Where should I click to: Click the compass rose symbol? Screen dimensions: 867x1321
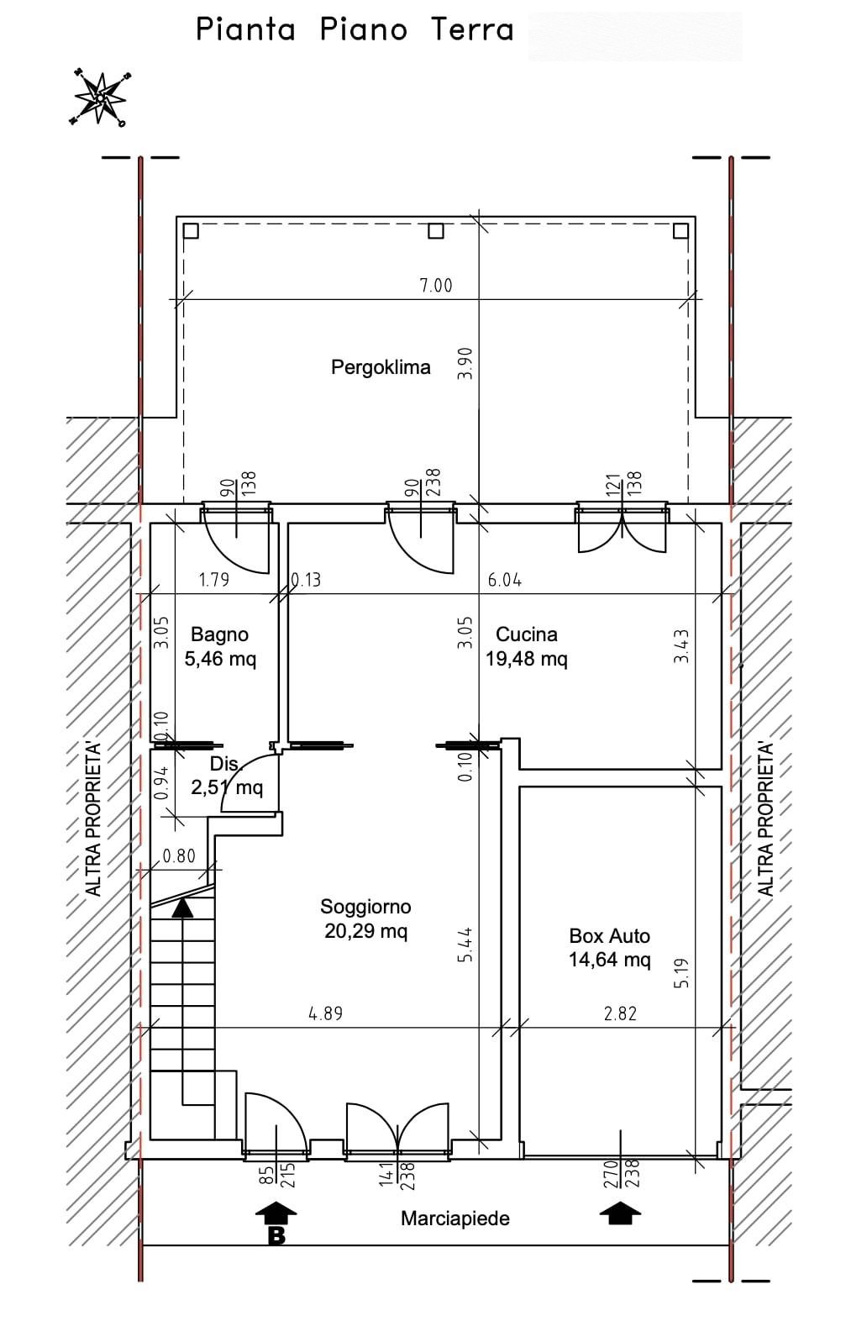[99, 98]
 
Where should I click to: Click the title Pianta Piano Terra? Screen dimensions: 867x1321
[355, 29]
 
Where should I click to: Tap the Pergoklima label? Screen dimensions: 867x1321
[381, 367]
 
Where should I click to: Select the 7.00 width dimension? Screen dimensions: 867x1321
[436, 286]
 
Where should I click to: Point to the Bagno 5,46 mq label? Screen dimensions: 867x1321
[220, 646]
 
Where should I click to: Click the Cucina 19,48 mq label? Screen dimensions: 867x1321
[526, 646]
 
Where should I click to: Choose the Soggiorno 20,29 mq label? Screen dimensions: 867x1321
[365, 918]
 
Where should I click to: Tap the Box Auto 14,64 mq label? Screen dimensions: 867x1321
[609, 948]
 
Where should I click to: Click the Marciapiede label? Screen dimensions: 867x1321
[455, 1218]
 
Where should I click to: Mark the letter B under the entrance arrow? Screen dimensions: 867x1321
[276, 1235]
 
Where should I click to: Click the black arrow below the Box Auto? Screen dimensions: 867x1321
[620, 1213]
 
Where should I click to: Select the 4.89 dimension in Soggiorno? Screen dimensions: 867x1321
[326, 1013]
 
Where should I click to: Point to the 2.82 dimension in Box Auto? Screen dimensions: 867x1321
[621, 1013]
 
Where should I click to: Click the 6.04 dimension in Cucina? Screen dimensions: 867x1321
[505, 581]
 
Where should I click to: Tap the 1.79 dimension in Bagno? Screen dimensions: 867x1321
[214, 581]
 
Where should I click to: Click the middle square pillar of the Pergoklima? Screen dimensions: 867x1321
[435, 230]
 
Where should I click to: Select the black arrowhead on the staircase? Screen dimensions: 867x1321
[182, 908]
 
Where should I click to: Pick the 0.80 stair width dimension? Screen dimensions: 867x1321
[179, 855]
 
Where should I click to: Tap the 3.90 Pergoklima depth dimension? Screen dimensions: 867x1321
[465, 363]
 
